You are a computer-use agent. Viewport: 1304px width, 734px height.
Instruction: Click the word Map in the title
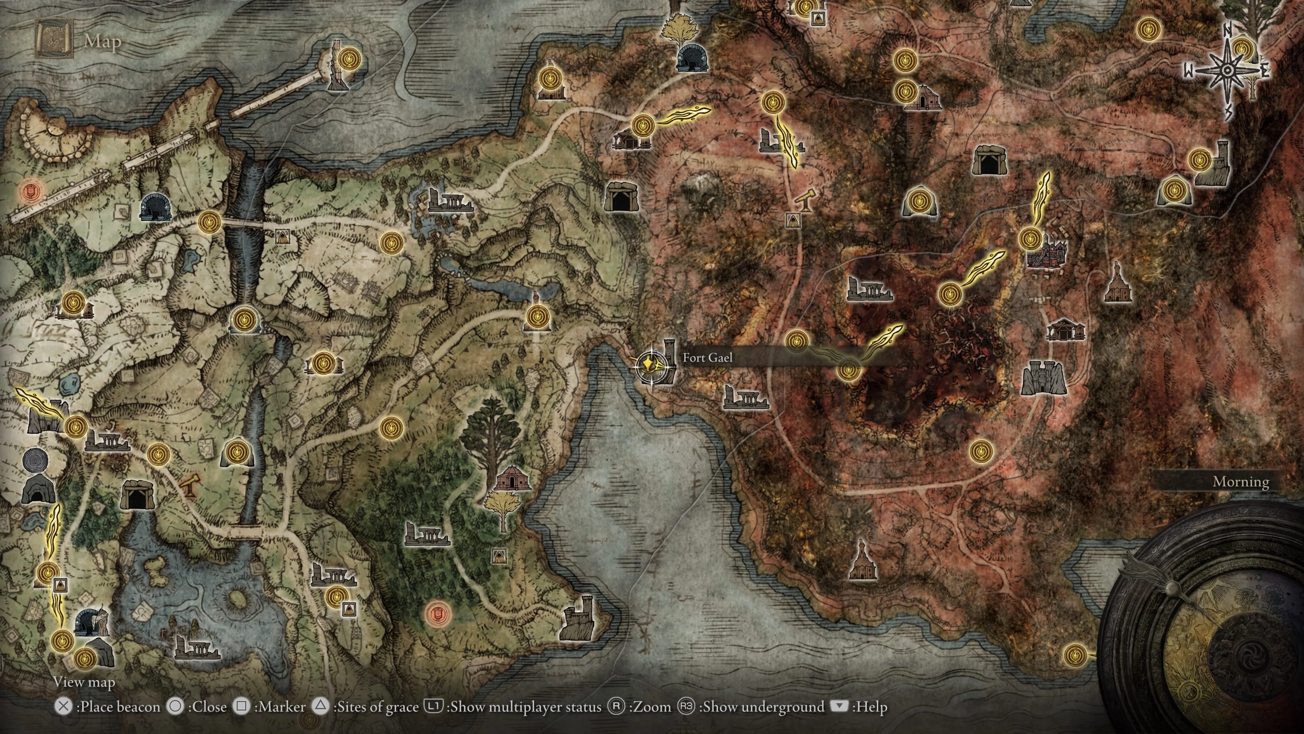pyautogui.click(x=103, y=41)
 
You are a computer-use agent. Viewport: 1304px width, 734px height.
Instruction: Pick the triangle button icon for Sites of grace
pyautogui.click(x=321, y=706)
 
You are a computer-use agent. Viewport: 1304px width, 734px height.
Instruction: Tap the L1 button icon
pyautogui.click(x=433, y=706)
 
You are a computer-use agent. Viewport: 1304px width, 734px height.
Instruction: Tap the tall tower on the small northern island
pyautogui.click(x=335, y=66)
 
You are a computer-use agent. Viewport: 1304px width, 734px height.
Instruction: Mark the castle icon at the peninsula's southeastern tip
pyautogui.click(x=578, y=618)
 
